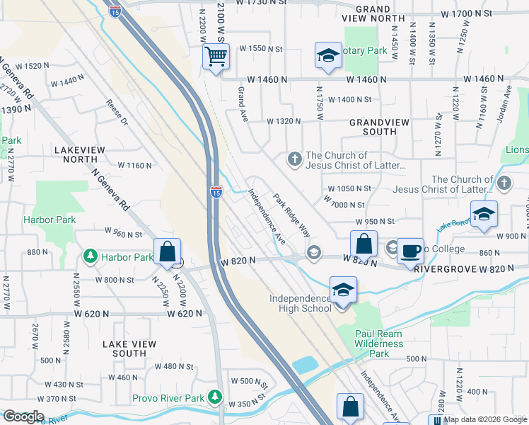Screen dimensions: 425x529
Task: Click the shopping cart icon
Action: click(x=216, y=57)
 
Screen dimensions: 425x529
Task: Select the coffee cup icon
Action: click(x=410, y=251)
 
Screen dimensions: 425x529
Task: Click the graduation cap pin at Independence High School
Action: click(x=343, y=291)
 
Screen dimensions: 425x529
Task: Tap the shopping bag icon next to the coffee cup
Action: click(x=363, y=244)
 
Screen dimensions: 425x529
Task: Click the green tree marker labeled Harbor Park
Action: click(x=90, y=256)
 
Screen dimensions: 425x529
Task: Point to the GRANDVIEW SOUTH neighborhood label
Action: click(x=383, y=127)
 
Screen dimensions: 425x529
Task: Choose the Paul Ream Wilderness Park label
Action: click(x=379, y=344)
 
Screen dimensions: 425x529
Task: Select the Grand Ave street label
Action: click(x=242, y=104)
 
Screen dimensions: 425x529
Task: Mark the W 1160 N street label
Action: click(x=135, y=165)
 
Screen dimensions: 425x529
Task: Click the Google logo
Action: click(x=23, y=416)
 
